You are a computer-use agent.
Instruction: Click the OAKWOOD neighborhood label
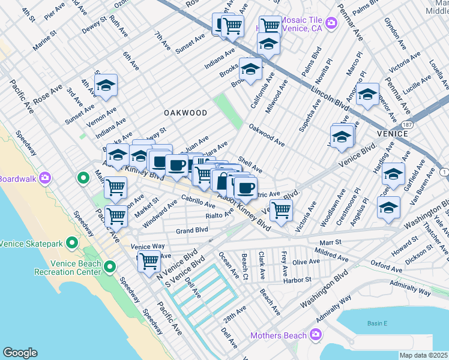[x=185, y=113]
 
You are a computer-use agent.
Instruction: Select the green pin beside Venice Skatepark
[x=72, y=243]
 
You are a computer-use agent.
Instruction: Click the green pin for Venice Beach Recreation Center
[x=110, y=266]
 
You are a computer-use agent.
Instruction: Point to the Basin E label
[x=376, y=323]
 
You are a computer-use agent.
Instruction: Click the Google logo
[x=20, y=353]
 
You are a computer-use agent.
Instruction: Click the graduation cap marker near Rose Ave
[x=106, y=86]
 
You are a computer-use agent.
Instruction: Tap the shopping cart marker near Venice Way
[x=148, y=261]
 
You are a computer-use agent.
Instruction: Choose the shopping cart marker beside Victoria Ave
[x=280, y=210]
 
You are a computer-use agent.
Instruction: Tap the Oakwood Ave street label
[x=267, y=136]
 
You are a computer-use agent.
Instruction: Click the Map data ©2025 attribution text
[x=424, y=355]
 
